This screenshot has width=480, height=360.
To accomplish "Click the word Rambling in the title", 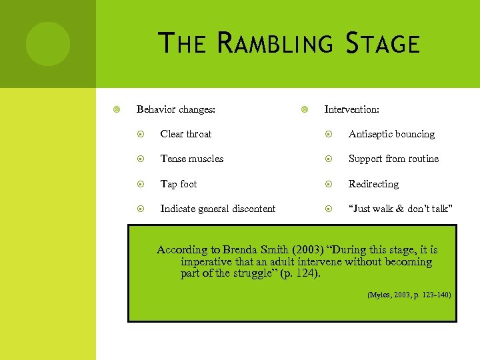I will coord(275,44).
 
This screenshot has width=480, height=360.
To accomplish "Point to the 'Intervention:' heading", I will coord(351,109).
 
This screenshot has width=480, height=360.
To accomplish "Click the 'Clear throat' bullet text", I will coord(186,134).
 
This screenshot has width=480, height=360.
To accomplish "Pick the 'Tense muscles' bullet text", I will coord(192,159).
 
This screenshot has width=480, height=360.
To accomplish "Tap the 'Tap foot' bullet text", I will coord(179,184).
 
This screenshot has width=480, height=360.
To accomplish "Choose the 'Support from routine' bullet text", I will coord(393,159).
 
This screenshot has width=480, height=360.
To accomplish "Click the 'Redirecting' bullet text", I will coord(373,184).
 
